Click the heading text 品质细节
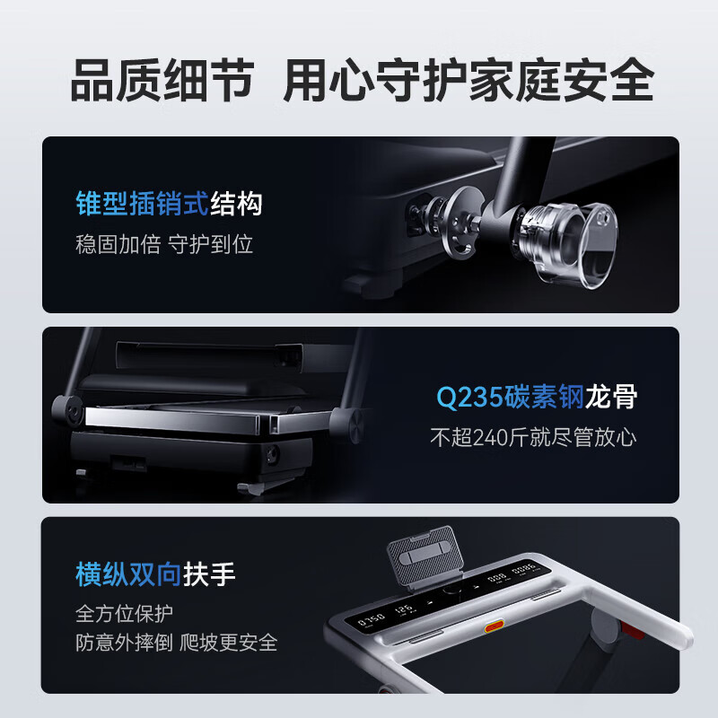(x=162, y=80)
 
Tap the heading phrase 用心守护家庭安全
(x=468, y=80)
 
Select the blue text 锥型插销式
(x=142, y=204)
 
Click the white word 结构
(x=236, y=204)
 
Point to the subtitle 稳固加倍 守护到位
(x=164, y=244)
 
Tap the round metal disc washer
(x=460, y=223)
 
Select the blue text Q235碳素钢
(x=510, y=397)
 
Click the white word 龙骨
(x=611, y=397)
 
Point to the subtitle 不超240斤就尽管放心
(x=533, y=437)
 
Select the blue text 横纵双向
(x=128, y=574)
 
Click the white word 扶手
(x=209, y=574)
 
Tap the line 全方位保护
(x=124, y=613)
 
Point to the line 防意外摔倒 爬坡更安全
(x=176, y=643)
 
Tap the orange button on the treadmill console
(x=495, y=626)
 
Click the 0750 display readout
(x=371, y=620)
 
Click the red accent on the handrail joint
(x=633, y=631)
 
